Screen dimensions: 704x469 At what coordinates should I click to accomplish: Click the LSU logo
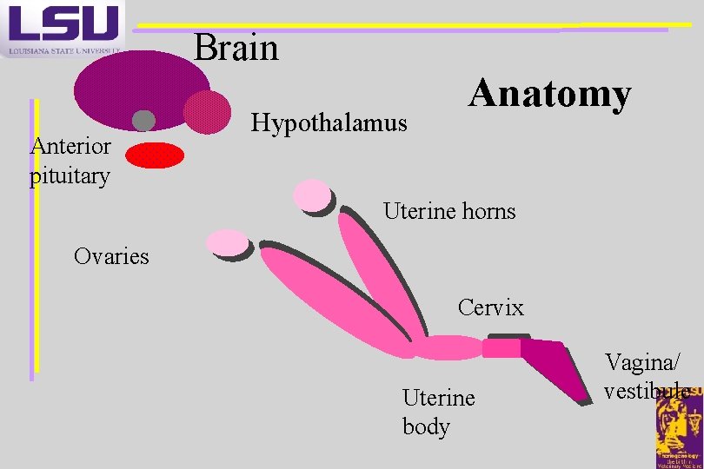click(63, 28)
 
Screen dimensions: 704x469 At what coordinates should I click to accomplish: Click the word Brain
click(236, 48)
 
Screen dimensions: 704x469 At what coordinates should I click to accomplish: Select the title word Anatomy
click(549, 94)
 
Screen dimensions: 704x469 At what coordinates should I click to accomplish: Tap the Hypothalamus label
click(329, 123)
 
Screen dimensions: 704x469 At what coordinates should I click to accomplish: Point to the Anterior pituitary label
click(70, 161)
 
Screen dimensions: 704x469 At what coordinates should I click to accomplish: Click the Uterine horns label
click(449, 211)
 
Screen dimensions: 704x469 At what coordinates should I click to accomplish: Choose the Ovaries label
click(111, 256)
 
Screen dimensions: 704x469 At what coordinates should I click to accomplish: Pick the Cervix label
click(491, 307)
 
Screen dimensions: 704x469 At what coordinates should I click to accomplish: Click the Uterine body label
click(438, 412)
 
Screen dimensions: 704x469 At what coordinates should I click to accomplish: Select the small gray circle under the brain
click(143, 121)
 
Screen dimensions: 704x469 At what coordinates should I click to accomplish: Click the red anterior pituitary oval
click(156, 155)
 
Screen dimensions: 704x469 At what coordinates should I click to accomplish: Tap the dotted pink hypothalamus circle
click(208, 112)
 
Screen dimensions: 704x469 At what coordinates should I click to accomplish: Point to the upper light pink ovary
click(311, 195)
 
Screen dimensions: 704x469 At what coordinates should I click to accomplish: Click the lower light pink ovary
click(227, 243)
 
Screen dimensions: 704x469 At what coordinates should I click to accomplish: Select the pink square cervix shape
click(501, 347)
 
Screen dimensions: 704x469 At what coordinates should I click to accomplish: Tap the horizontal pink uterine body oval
click(447, 347)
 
